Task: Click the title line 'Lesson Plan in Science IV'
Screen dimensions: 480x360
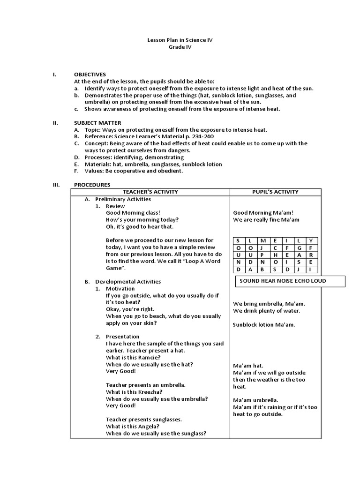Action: pos(180,40)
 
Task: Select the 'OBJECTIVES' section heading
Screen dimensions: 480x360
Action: pos(90,75)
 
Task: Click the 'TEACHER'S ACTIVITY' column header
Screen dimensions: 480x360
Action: pos(150,192)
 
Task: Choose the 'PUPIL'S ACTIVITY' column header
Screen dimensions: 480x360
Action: pos(275,192)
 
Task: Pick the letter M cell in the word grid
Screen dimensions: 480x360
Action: pos(262,240)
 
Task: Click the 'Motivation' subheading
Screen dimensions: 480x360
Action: pos(120,288)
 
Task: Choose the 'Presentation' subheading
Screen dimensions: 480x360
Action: pos(122,337)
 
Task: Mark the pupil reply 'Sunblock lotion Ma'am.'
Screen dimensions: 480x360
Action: pos(264,324)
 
